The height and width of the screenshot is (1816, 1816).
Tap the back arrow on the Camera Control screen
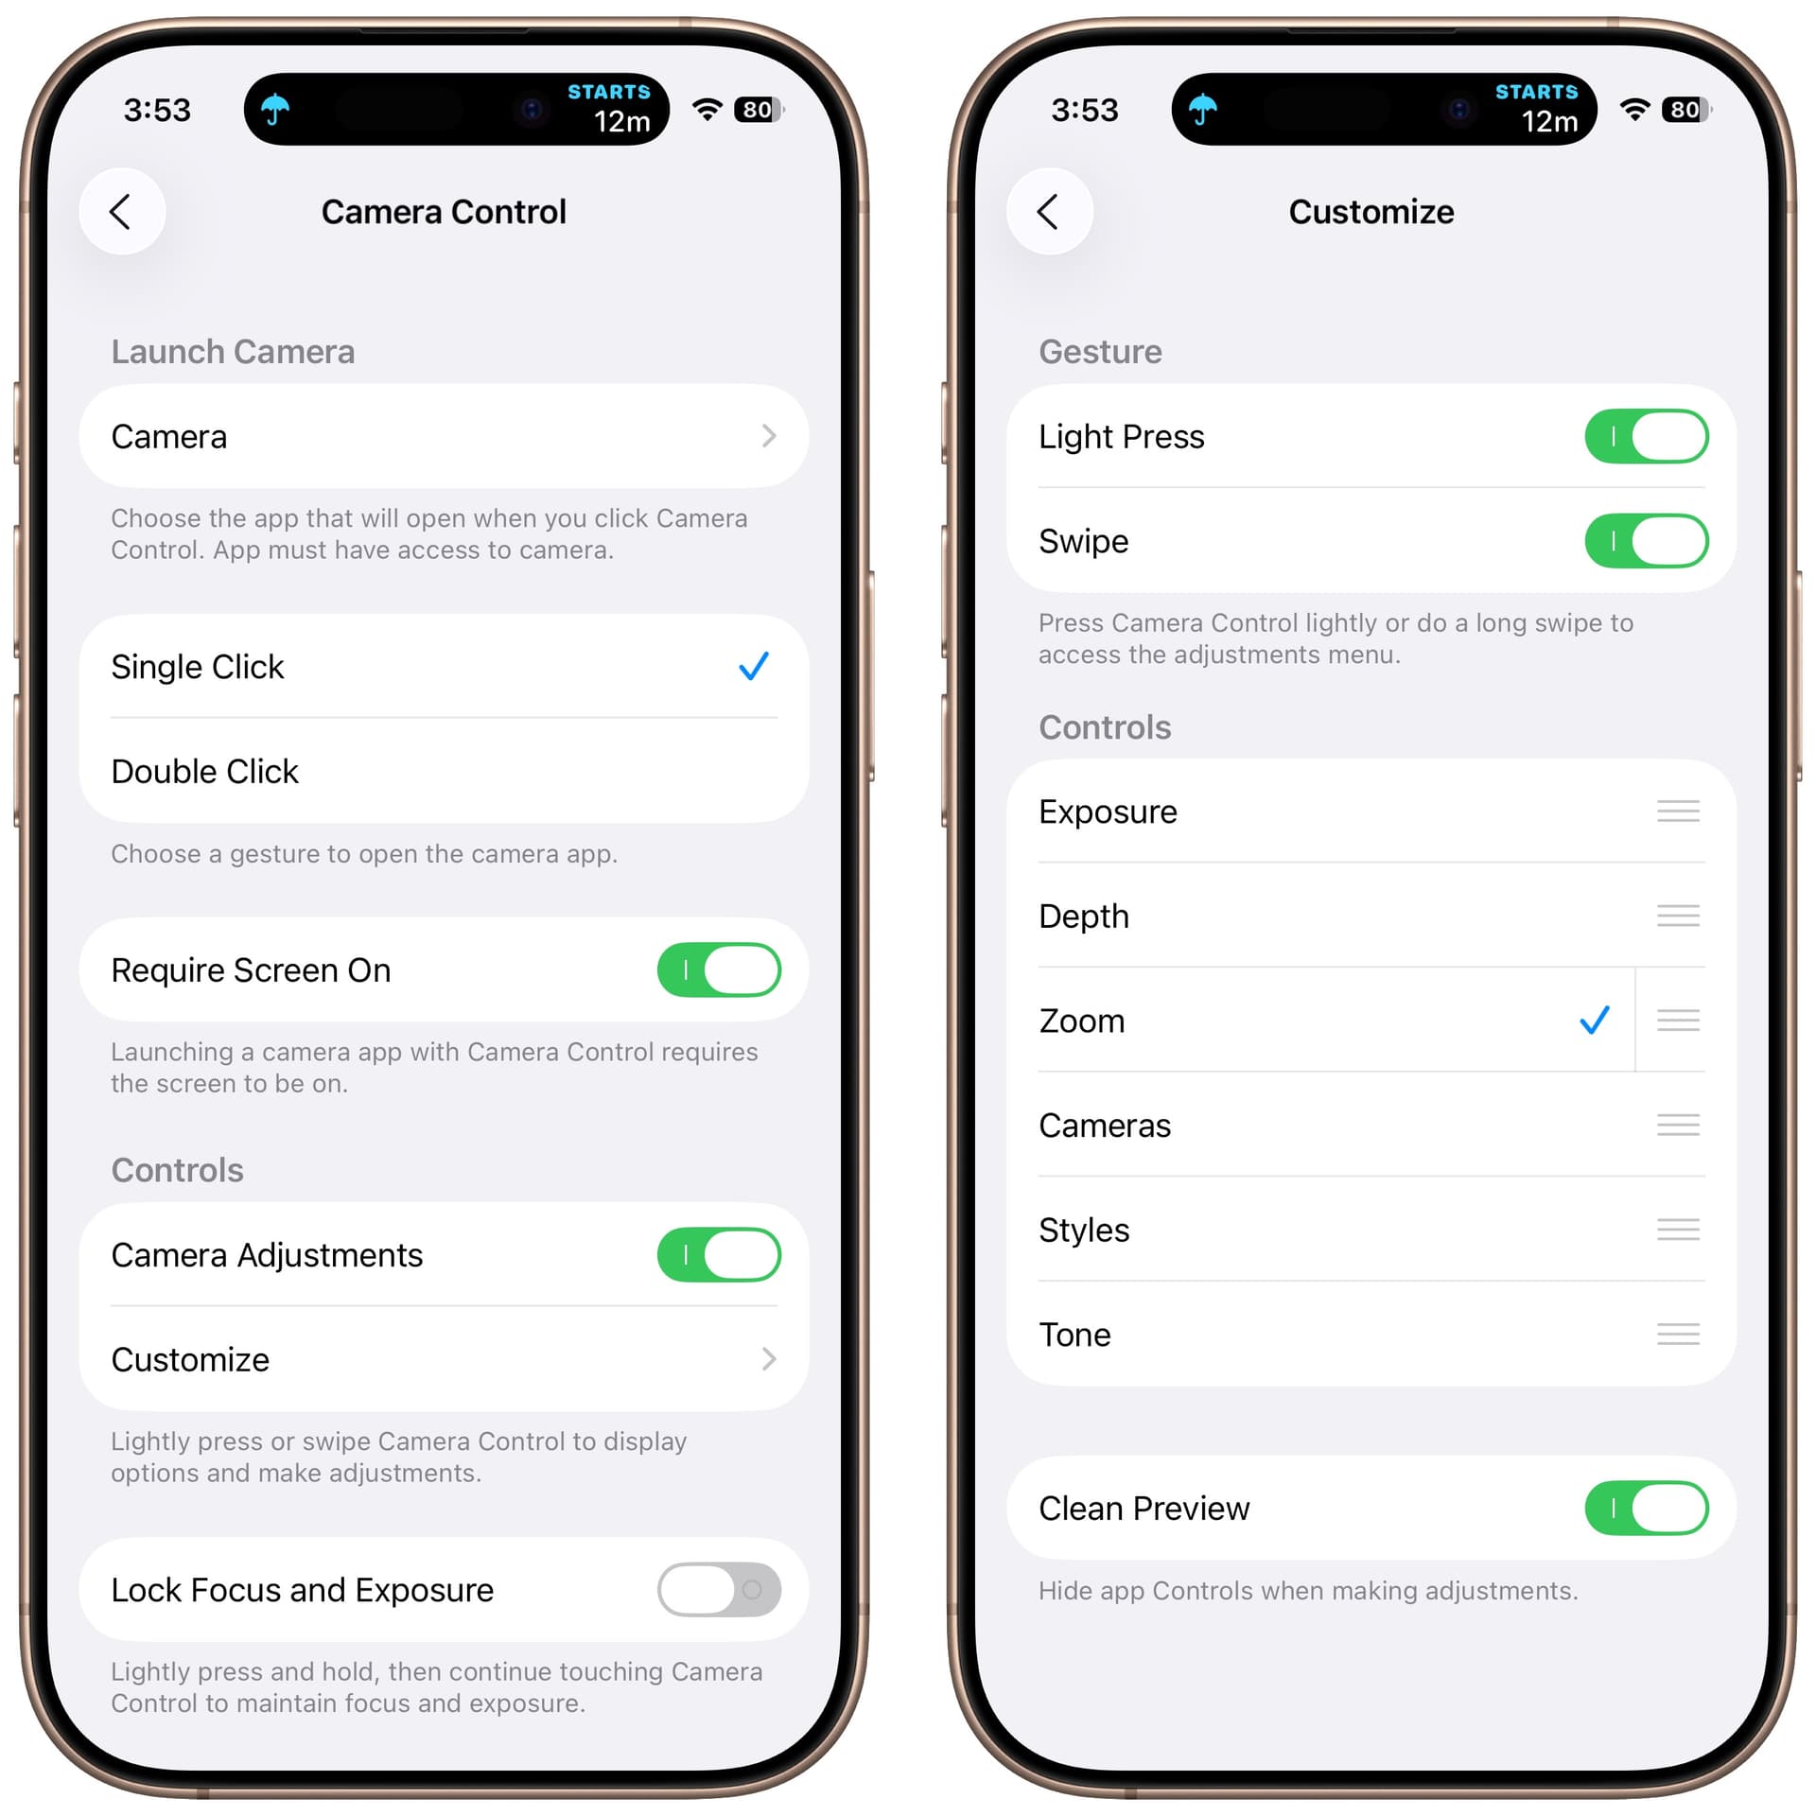pos(120,212)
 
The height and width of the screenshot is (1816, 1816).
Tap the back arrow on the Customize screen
pos(1048,212)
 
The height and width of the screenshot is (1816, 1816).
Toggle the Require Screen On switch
pos(719,969)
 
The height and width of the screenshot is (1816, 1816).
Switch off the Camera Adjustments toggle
pos(719,1254)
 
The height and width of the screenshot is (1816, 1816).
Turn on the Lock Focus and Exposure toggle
pos(719,1589)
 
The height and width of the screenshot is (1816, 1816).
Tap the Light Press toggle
pos(1647,436)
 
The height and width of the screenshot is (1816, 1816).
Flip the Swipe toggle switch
pos(1647,541)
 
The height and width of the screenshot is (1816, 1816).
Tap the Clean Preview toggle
pos(1647,1508)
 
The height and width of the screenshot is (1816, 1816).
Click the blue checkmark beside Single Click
pos(754,666)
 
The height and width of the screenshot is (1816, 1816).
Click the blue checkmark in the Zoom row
pos(1595,1020)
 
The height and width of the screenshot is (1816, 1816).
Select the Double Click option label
pos(204,771)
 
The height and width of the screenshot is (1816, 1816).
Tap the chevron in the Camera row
pos(769,436)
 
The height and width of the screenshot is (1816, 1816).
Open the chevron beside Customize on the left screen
pos(769,1359)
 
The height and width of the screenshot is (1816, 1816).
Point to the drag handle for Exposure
pos(1678,811)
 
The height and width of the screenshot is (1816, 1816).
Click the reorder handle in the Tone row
pos(1678,1334)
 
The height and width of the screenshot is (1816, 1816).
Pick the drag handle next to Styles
pos(1678,1229)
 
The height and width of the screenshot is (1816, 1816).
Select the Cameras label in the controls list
pos(1104,1126)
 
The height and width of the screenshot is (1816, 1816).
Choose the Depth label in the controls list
pos(1084,917)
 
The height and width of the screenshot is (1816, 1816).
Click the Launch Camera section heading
pos(233,352)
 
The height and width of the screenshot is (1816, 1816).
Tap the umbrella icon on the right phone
pos(1202,109)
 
